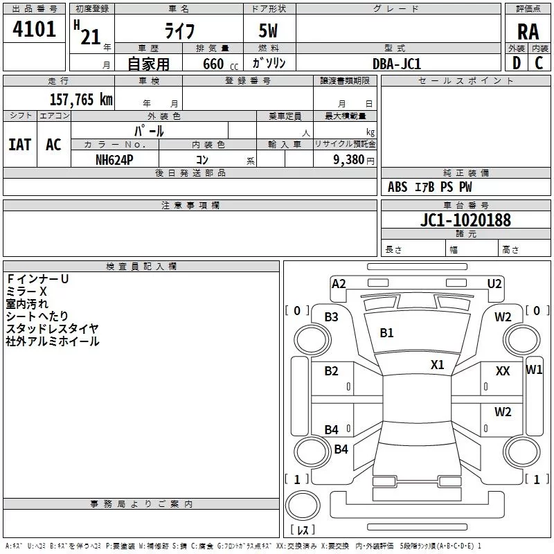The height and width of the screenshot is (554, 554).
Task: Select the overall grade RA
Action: [x=528, y=30]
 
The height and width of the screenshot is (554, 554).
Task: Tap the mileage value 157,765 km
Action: [x=81, y=99]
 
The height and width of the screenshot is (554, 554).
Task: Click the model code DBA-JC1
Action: [x=397, y=64]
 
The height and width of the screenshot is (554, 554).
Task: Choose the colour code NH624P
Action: [x=116, y=159]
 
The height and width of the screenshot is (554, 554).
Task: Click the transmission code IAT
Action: [x=19, y=144]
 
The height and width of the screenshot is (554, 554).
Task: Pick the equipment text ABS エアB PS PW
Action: [x=430, y=187]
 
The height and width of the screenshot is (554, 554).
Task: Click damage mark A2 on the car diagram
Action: [x=339, y=283]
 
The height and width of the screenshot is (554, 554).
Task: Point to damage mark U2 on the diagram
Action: [x=494, y=283]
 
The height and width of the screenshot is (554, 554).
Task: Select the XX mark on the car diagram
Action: [x=503, y=371]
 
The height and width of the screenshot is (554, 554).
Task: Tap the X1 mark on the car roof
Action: [x=437, y=364]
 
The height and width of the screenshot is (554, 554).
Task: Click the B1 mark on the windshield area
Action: [x=386, y=333]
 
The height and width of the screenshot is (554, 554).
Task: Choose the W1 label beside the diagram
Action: [x=534, y=370]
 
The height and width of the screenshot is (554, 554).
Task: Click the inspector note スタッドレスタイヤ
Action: [x=53, y=328]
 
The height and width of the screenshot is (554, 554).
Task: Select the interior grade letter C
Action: [x=539, y=63]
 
